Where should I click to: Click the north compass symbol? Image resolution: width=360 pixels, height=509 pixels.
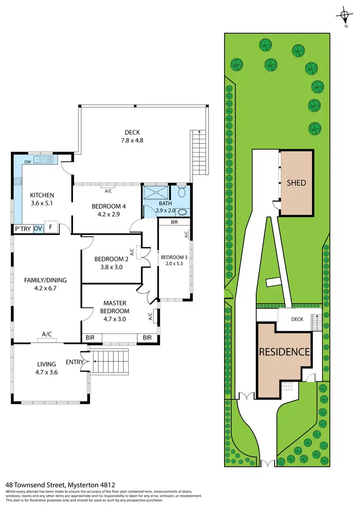coord(345,15)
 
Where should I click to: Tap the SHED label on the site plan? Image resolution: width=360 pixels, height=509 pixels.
coord(296,183)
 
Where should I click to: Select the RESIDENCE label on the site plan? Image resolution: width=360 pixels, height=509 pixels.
coord(284,352)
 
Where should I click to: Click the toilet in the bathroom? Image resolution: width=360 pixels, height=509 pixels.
coord(181,193)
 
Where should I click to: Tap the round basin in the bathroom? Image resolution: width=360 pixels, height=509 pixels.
coord(183,212)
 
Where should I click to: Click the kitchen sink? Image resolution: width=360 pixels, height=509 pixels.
coord(43,159)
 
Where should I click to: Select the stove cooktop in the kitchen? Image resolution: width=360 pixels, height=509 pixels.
coord(18,181)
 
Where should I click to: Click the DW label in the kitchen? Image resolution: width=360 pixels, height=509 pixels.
coord(28,162)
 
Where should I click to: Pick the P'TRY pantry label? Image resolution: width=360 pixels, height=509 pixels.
coord(23,229)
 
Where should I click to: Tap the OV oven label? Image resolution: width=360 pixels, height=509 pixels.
coord(37,229)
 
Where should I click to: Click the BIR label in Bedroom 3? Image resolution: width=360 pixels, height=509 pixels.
coord(175,223)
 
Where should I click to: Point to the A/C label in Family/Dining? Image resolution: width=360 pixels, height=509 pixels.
coord(47,334)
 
